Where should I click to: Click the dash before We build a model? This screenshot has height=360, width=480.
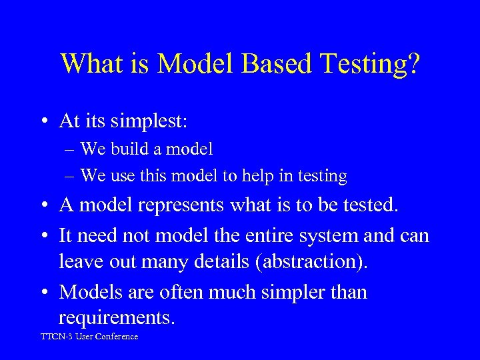coord(71,149)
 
